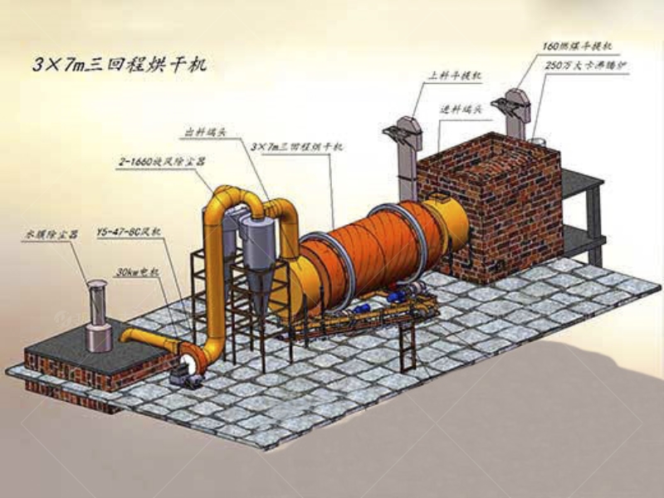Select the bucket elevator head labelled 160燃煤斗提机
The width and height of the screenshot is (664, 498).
coord(510,108)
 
